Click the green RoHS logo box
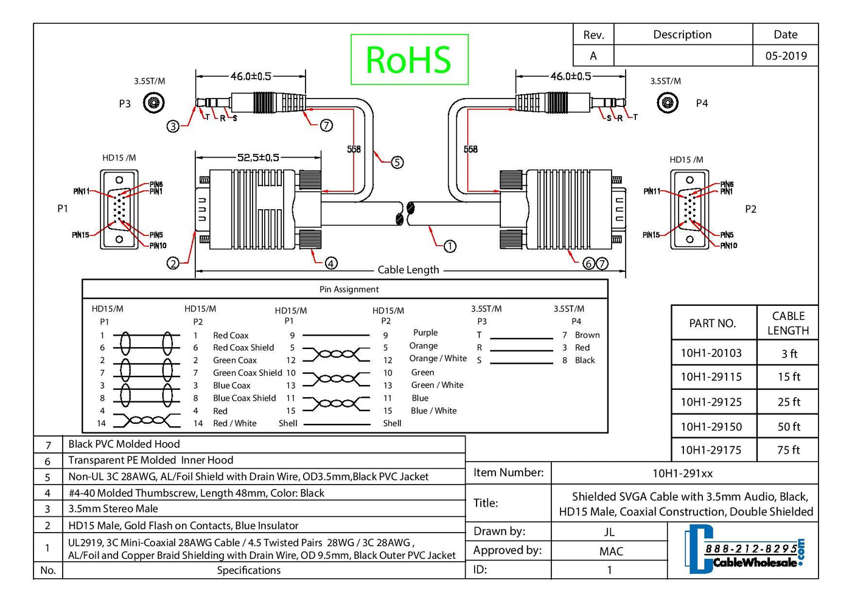coord(409,60)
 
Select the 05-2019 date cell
coord(786,56)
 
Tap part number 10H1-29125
coord(711,402)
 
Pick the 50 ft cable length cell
coord(788,427)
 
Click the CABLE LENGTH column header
coord(788,323)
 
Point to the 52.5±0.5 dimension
coord(258,157)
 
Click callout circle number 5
coord(397,162)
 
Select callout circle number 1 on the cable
coord(450,246)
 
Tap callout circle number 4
coord(331,263)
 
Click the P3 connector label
coord(125,103)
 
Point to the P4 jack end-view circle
coord(668,102)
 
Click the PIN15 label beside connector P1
coord(80,235)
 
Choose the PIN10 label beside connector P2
coord(728,246)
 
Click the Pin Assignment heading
coord(349,289)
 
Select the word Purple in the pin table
coord(425,333)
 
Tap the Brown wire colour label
coord(587,335)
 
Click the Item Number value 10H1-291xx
coord(682,473)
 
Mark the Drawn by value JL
coord(609,532)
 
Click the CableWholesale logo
coord(745,549)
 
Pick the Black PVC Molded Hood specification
coord(124,445)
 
